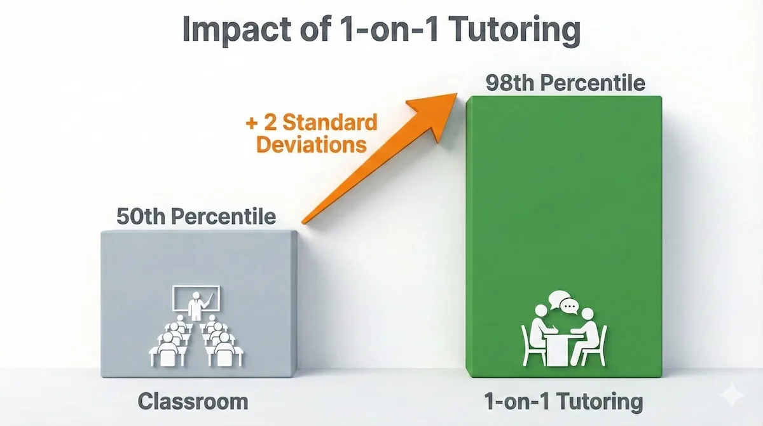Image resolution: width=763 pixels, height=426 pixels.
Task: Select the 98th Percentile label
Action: coord(565,83)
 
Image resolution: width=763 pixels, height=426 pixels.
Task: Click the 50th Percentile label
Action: coord(196,216)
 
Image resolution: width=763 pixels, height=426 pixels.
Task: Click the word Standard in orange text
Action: coord(330,122)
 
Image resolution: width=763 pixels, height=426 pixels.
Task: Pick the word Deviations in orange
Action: coord(311,144)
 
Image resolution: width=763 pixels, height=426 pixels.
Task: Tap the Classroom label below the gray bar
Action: coord(193,402)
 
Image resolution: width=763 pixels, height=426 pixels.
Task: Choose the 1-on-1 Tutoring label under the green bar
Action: coord(563,402)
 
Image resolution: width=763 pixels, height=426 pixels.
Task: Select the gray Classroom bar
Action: coord(198,267)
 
